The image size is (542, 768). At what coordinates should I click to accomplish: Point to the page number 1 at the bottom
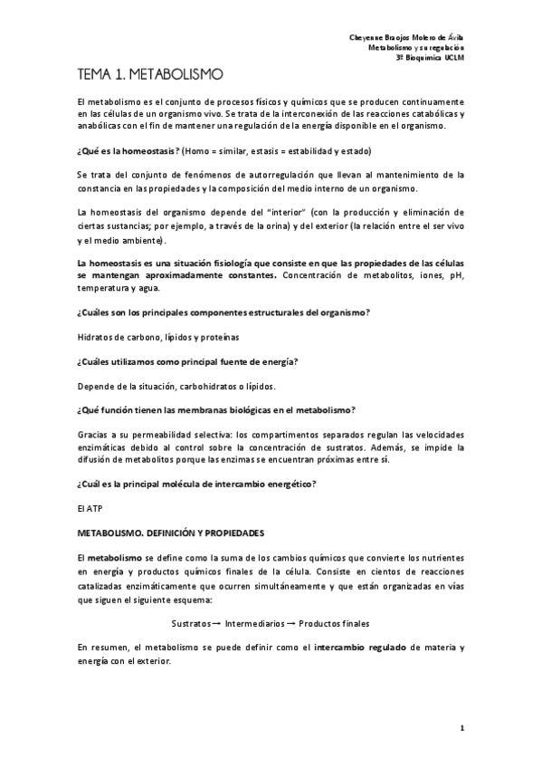(461, 727)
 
